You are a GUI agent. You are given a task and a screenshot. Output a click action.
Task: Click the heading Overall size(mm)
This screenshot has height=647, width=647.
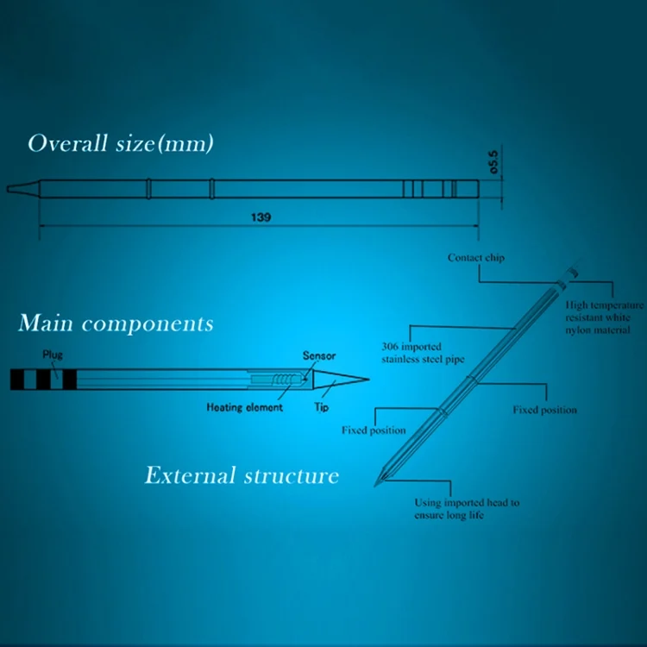(x=121, y=143)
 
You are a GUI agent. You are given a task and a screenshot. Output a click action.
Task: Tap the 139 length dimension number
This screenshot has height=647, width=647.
(x=261, y=217)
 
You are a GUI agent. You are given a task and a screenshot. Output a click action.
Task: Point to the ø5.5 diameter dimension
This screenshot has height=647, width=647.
(x=493, y=162)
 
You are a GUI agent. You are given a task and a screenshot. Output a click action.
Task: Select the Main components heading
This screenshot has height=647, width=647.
(x=116, y=323)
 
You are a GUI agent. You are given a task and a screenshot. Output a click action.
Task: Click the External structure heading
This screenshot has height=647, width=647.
(x=242, y=475)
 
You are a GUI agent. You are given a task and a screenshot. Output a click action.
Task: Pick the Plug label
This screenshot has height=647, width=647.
(x=53, y=355)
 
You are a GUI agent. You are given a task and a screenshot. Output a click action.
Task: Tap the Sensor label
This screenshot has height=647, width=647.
(x=319, y=355)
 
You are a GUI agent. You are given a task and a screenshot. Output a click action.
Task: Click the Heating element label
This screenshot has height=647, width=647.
(x=245, y=408)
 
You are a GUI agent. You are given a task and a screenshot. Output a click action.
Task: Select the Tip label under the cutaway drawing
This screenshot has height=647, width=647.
(x=322, y=407)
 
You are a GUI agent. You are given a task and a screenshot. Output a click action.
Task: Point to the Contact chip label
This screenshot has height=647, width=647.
(x=476, y=258)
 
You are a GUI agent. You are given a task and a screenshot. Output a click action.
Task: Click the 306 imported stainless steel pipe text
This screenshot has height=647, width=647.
(x=423, y=353)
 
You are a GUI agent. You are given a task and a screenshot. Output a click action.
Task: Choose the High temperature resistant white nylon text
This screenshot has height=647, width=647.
(x=605, y=317)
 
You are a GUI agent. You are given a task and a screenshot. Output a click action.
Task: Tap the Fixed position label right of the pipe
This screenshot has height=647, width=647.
(x=544, y=410)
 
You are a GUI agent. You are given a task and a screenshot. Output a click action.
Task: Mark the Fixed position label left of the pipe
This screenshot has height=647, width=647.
(x=374, y=430)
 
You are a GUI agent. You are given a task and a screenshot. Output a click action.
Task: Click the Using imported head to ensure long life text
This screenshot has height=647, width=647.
(x=467, y=509)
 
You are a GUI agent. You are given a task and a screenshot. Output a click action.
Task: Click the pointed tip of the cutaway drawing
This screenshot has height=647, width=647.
(x=368, y=380)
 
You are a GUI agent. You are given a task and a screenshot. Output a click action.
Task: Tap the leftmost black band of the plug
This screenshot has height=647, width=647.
(x=17, y=380)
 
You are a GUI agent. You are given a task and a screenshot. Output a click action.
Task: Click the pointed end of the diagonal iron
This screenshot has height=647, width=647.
(x=375, y=486)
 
